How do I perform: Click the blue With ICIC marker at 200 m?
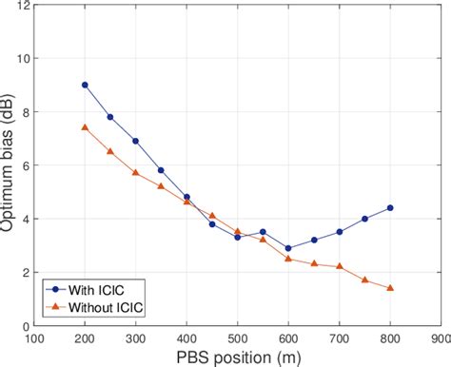tap(85, 85)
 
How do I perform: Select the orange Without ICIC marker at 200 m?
tap(85, 127)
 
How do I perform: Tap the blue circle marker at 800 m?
tap(390, 208)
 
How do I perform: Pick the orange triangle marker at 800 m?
tap(390, 287)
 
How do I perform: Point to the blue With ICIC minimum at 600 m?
tap(288, 248)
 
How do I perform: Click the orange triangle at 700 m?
tap(340, 266)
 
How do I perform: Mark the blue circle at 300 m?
tap(135, 141)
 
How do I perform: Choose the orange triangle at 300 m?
tap(135, 172)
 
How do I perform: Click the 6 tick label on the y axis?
tap(25, 165)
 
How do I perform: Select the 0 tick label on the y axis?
tap(25, 326)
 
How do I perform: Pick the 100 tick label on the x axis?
tap(34, 338)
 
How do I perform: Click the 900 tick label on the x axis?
tap(440, 338)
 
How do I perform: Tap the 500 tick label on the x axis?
tap(237, 338)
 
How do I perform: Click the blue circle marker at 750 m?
tap(364, 219)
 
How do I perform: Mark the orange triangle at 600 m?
tap(288, 259)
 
